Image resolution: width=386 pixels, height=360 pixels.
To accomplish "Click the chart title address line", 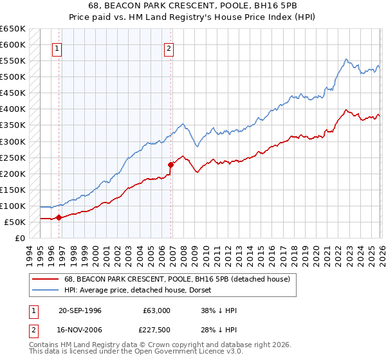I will (193, 6).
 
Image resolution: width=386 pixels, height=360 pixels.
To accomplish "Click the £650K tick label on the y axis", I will (13, 29).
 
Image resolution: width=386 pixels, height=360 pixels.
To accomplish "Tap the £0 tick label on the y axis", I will (19, 238).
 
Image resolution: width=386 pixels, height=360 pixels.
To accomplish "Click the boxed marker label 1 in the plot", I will (57, 48).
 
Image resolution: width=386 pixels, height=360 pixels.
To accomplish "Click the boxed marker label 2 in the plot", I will (169, 48).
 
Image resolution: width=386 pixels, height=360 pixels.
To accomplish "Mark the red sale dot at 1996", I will (59, 217).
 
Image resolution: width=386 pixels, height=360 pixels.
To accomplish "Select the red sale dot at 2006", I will (170, 165).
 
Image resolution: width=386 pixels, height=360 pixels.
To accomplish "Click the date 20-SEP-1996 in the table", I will (80, 310).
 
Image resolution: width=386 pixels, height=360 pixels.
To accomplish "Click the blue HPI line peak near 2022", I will (345, 60).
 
